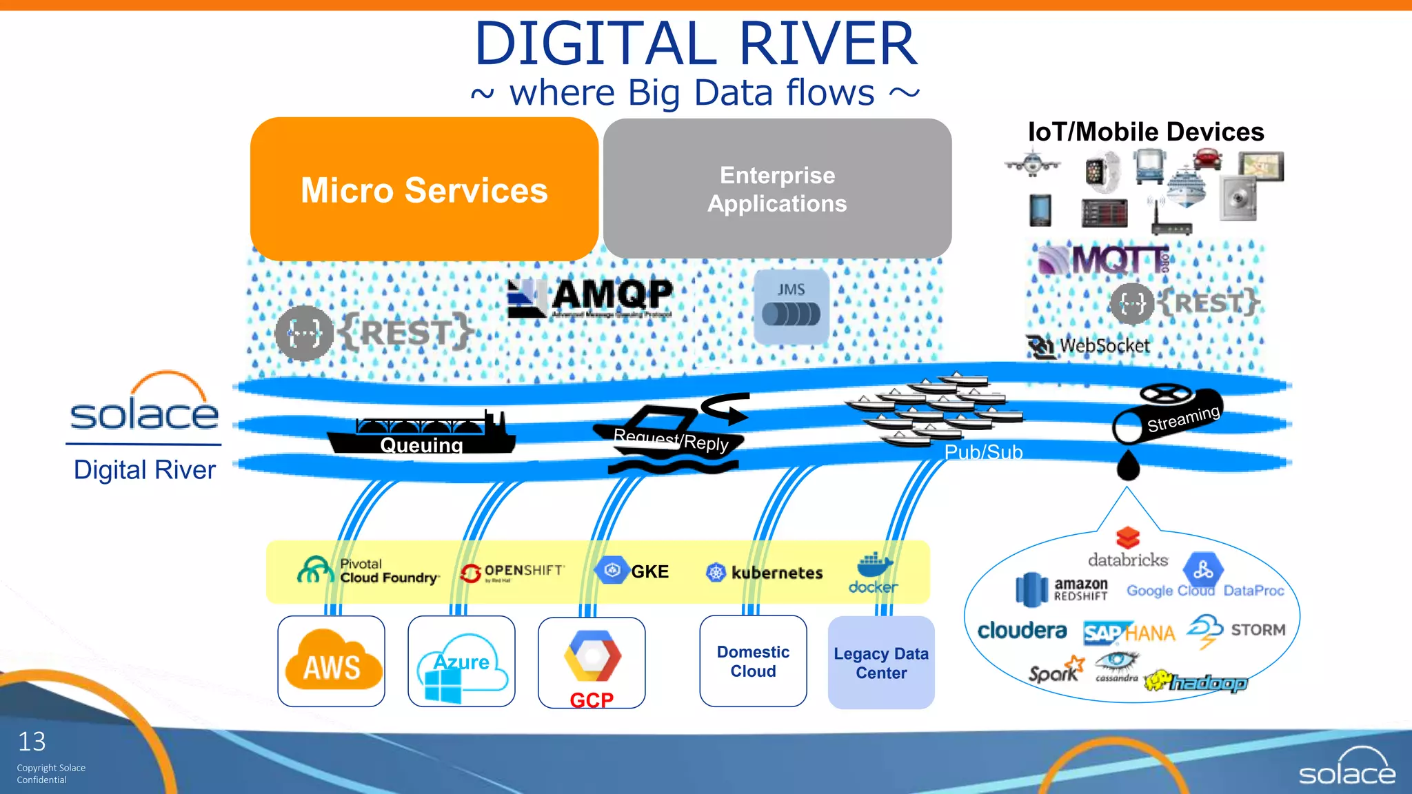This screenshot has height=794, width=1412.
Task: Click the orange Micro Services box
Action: [x=424, y=190]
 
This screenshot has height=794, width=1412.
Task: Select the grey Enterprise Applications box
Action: [x=777, y=189]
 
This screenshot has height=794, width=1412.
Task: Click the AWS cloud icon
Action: [x=332, y=661]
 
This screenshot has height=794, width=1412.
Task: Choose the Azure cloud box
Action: [x=461, y=662]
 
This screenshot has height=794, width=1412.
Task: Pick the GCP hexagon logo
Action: [x=592, y=656]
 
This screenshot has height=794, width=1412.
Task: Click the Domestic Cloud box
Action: [x=753, y=662]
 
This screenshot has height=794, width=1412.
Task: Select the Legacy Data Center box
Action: [x=881, y=663]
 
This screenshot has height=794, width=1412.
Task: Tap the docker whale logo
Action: [x=874, y=566]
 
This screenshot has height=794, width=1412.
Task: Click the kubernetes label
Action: [x=776, y=573]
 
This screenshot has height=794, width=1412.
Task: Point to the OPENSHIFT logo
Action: [x=513, y=572]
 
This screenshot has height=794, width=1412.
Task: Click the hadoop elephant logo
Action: [x=1196, y=682]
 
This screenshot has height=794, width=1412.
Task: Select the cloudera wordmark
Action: [x=1022, y=630]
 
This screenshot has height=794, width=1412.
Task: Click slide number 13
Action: [x=32, y=742]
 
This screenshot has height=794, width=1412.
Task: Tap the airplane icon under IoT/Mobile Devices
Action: [x=1032, y=165]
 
